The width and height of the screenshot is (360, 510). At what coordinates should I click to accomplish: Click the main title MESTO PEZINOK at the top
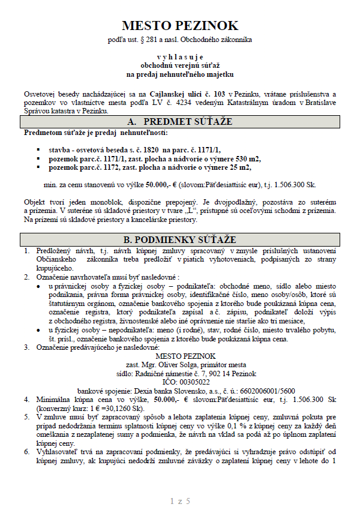(180, 25)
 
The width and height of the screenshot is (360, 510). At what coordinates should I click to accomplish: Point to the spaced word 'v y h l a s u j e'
(180, 53)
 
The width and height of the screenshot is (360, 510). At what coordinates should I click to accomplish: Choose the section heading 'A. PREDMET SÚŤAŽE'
(180, 122)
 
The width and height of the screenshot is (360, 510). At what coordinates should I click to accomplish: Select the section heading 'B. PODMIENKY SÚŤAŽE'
(180, 239)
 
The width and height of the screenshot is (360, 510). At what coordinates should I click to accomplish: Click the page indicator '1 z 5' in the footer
(180, 500)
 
